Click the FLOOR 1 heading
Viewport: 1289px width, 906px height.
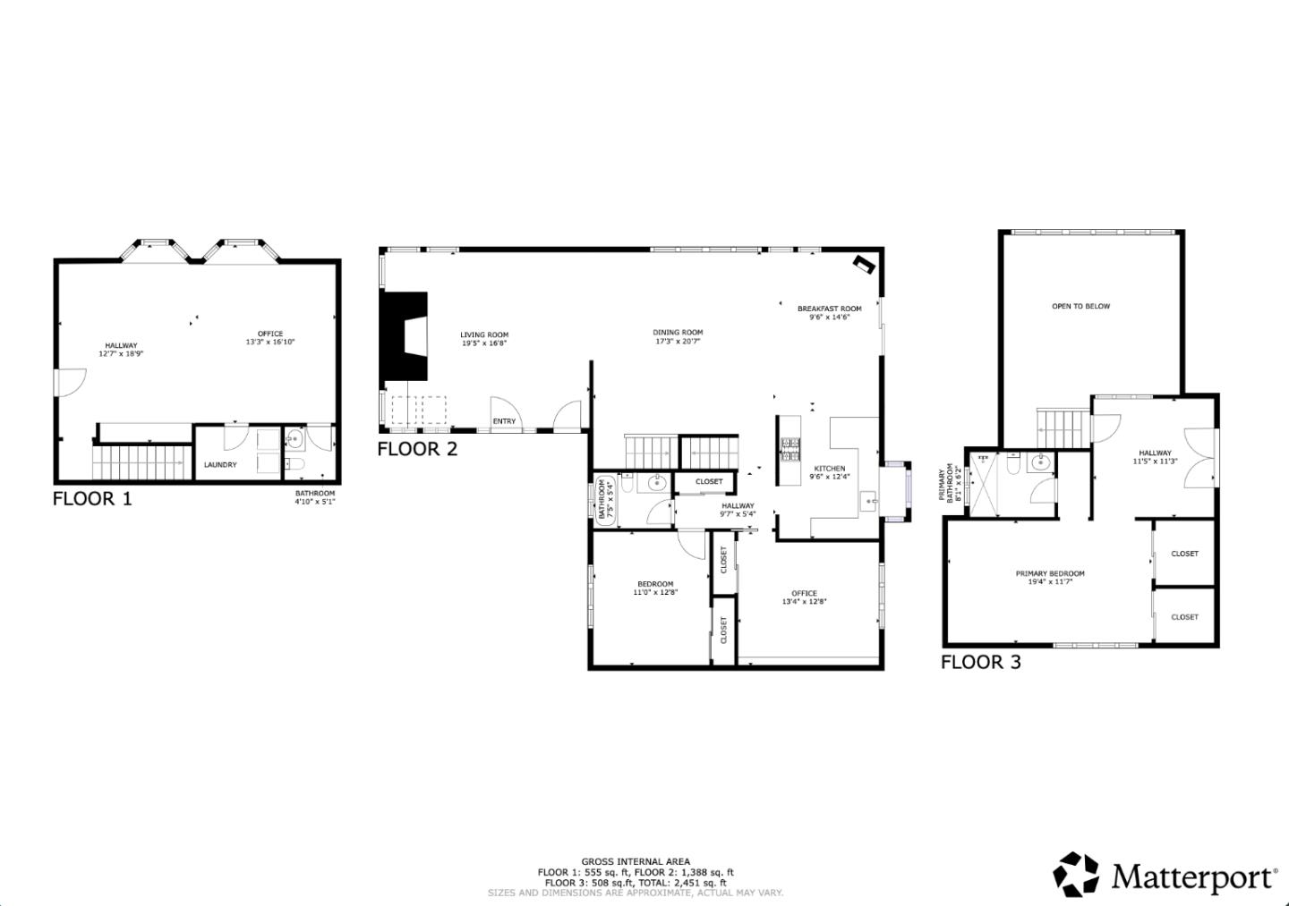click(x=92, y=499)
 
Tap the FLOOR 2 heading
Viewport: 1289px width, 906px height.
click(x=417, y=449)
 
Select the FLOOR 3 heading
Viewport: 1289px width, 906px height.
click(x=980, y=663)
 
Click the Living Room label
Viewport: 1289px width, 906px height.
click(x=484, y=335)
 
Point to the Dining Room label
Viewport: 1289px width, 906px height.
click(x=678, y=333)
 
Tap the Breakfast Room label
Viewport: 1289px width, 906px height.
click(x=829, y=309)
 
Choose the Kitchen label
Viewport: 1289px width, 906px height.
click(x=829, y=469)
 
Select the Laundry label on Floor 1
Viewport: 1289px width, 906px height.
click(x=220, y=465)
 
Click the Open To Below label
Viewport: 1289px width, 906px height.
click(x=1080, y=307)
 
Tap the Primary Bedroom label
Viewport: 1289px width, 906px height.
click(x=1050, y=574)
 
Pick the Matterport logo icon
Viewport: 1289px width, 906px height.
click(x=1075, y=874)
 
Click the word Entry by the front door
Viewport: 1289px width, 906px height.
click(x=504, y=421)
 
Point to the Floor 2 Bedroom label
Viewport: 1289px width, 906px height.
click(x=655, y=584)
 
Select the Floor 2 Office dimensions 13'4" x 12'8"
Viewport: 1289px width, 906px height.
click(x=804, y=602)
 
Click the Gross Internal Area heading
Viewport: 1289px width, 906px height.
click(x=636, y=862)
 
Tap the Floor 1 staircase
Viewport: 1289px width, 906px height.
click(x=138, y=461)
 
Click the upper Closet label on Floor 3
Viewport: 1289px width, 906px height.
click(x=1184, y=554)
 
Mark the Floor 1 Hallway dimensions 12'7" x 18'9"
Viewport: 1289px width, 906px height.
click(x=121, y=354)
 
